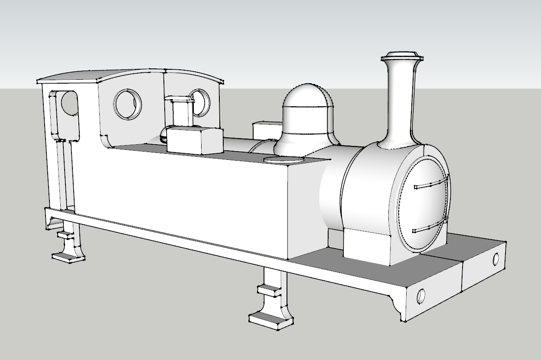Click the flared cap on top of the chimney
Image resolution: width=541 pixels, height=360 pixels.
coord(402,57)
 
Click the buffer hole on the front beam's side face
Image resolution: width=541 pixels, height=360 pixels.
coord(420,296)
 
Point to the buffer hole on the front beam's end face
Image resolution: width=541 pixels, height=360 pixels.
coord(495,259)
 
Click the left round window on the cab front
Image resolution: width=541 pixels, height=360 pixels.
coord(127,104)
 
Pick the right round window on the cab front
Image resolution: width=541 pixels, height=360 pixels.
coord(200,102)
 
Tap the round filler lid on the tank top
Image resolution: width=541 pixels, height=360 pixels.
coord(277,160)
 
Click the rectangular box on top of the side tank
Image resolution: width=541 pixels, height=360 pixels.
coord(194,140)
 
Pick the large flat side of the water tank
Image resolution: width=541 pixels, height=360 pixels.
coord(182,195)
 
